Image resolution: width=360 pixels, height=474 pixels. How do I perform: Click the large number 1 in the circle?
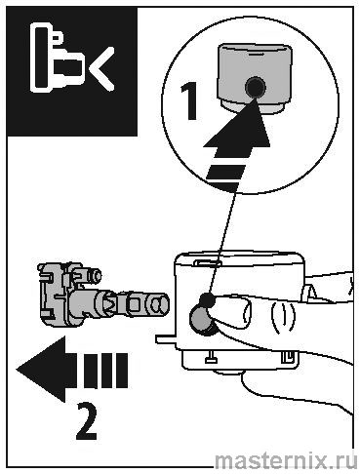[x=188, y=101]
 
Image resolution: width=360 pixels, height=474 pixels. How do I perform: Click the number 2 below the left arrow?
[x=87, y=421]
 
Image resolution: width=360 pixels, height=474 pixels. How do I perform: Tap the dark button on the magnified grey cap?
[x=256, y=87]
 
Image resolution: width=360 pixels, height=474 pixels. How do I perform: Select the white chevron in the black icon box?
[x=100, y=69]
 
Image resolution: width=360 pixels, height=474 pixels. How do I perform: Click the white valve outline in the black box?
[x=58, y=59]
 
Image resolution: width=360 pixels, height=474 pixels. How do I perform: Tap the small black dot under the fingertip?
[x=208, y=299]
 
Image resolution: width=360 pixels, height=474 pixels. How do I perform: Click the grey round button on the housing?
[x=200, y=320]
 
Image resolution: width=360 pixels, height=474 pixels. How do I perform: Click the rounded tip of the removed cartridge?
[x=159, y=303]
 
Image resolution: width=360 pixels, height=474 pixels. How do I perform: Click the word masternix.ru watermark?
[x=286, y=461]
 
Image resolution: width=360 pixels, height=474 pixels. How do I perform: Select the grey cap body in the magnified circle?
[x=256, y=72]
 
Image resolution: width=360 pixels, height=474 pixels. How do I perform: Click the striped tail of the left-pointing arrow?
[x=101, y=371]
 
